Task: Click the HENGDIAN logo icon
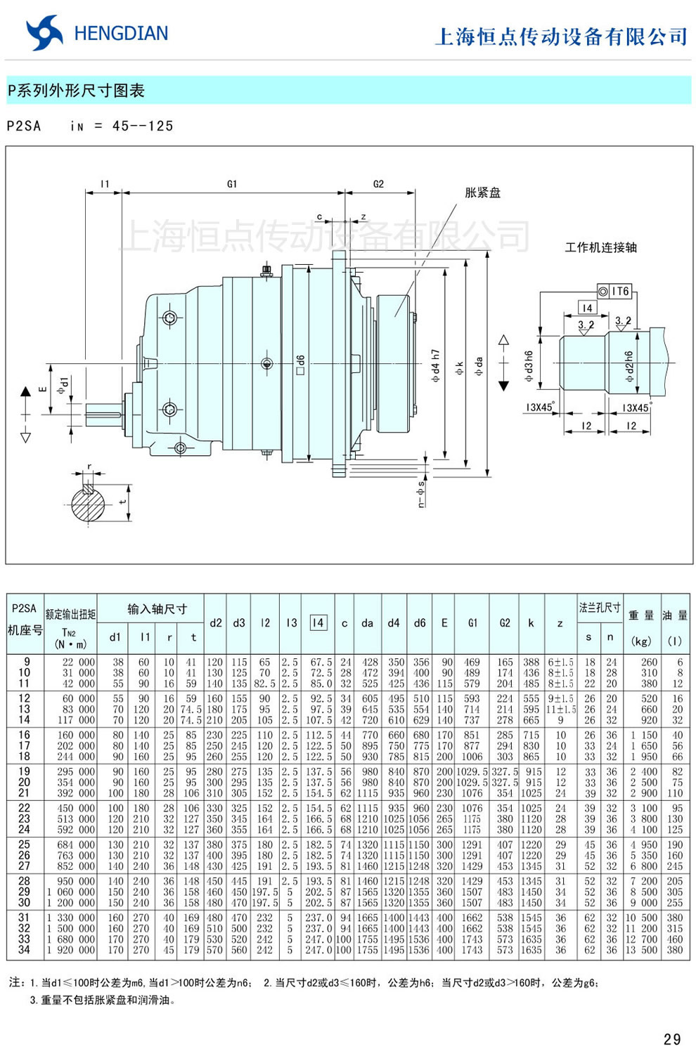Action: point(44,33)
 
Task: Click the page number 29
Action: point(671,1039)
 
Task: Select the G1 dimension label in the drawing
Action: point(232,184)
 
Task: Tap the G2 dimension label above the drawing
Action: point(378,184)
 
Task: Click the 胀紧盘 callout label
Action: point(482,193)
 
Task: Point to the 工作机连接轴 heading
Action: point(600,247)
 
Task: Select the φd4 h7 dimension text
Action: point(436,365)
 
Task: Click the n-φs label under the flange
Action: point(421,493)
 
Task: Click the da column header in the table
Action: point(367,623)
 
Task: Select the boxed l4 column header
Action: point(318,622)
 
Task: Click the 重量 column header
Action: point(640,615)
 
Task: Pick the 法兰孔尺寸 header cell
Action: point(599,608)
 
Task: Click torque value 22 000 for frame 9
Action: point(78,662)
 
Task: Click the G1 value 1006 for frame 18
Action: point(472,757)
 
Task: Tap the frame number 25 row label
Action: point(25,844)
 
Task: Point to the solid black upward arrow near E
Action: point(26,391)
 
